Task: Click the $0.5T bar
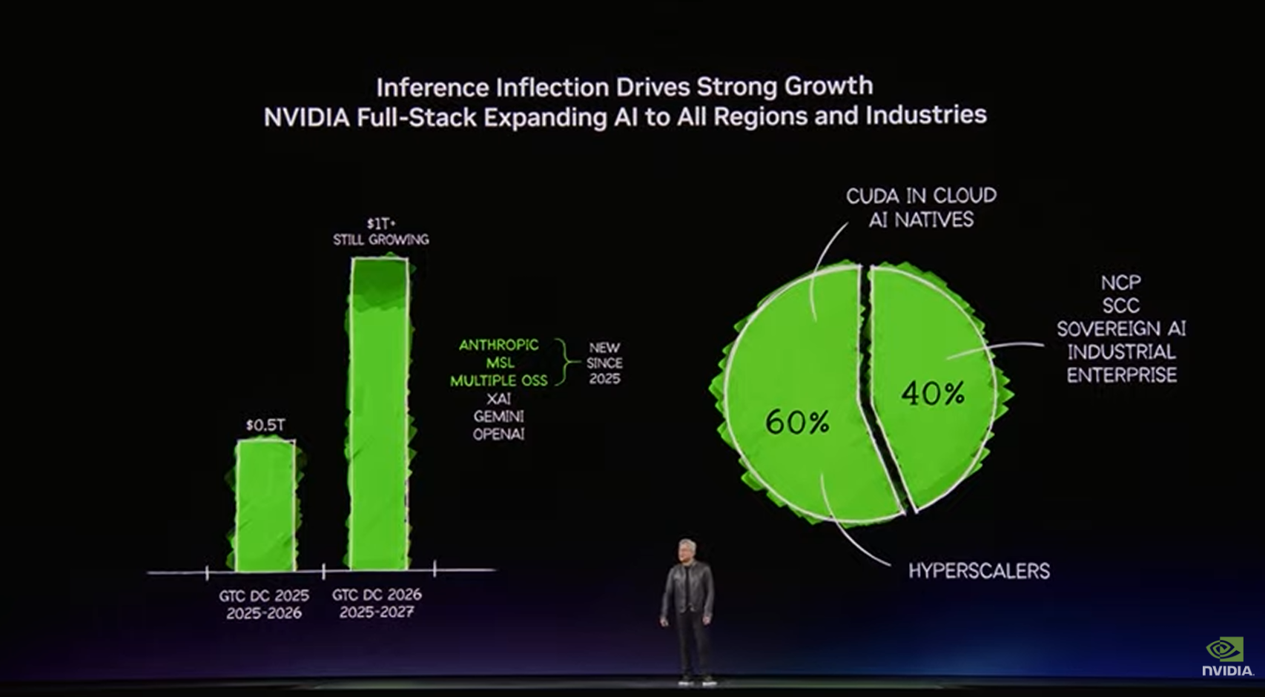265,506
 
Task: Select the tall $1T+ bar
380,415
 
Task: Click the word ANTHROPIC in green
498,345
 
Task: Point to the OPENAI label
498,434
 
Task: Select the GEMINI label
498,416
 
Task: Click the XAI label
498,399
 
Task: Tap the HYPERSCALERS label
979,571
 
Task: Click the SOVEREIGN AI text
1121,328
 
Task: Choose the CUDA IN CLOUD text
921,196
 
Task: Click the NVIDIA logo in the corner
1226,656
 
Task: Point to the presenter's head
687,549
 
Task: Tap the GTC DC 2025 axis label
264,595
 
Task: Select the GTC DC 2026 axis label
377,595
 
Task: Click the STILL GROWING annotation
380,240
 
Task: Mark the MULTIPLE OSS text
498,380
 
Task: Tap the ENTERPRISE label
1121,375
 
